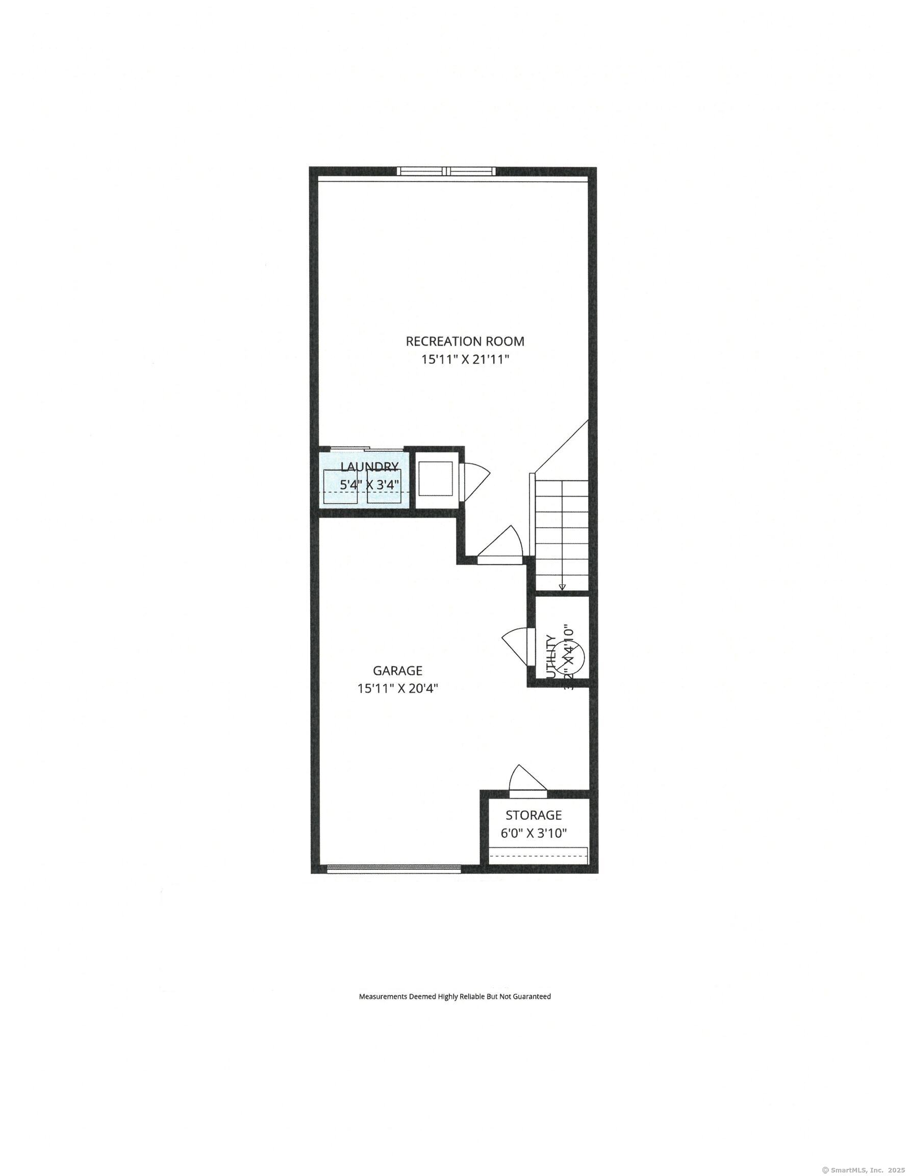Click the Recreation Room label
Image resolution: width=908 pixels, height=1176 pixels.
465,341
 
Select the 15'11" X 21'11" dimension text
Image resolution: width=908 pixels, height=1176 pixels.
465,359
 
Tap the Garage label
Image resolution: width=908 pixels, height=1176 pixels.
397,670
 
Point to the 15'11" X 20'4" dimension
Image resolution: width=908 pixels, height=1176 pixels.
397,688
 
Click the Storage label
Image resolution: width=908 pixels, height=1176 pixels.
534,815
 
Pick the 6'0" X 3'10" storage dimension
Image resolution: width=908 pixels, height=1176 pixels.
534,834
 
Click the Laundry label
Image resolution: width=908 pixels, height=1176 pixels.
369,467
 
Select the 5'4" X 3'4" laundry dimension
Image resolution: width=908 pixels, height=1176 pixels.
369,484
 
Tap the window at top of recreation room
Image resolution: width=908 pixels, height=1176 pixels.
446,171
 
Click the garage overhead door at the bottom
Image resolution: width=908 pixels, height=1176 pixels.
394,869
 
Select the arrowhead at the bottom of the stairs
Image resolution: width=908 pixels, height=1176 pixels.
562,586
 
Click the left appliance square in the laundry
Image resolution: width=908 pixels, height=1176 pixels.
340,486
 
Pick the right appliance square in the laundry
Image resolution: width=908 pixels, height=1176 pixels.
384,486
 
